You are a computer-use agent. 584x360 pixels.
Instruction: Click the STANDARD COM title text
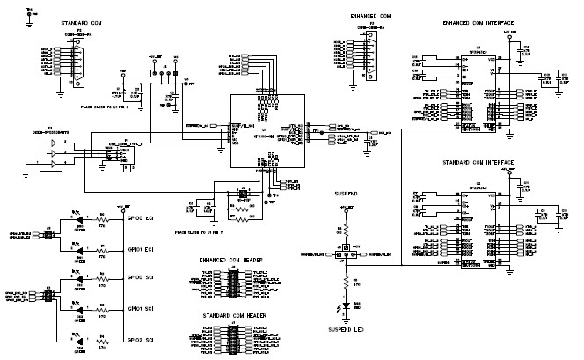click(79, 19)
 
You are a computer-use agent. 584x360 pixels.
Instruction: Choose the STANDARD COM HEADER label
click(232, 314)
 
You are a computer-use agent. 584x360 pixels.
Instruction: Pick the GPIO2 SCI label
click(142, 340)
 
